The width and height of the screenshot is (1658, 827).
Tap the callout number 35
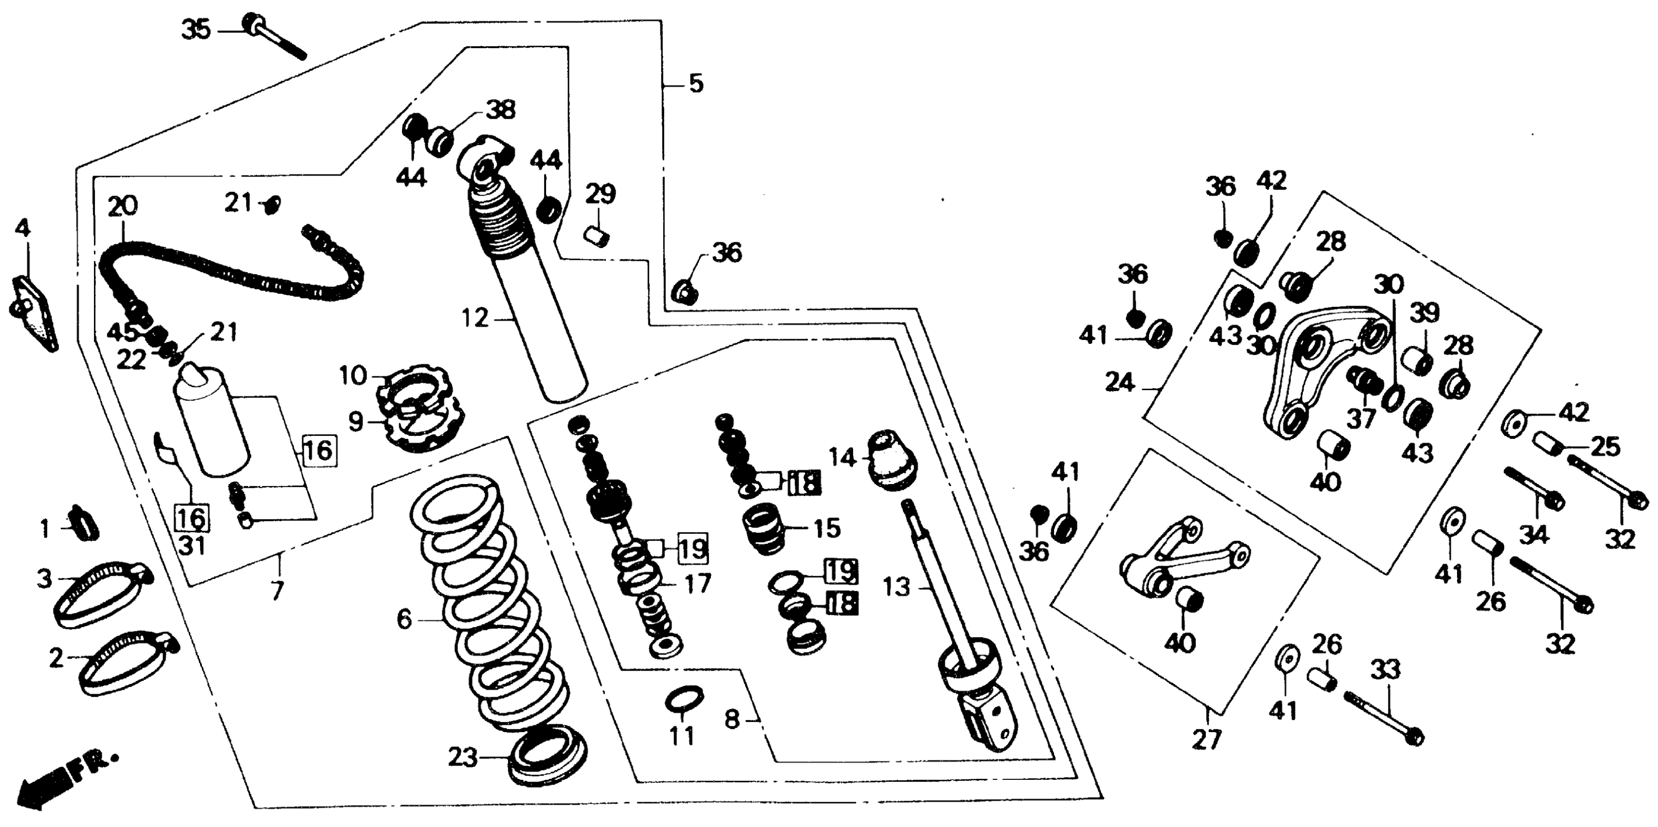[196, 29]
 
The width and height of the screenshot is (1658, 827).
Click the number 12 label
[475, 318]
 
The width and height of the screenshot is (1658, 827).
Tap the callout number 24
[1120, 383]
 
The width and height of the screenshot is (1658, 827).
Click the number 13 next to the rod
[896, 587]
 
